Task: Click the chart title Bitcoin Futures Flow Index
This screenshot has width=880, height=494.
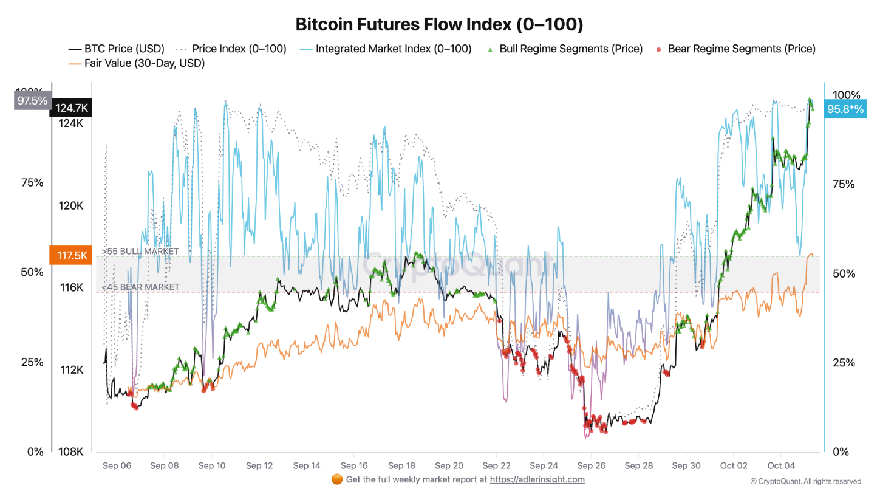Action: [439, 24]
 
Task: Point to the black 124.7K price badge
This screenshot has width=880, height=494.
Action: [72, 108]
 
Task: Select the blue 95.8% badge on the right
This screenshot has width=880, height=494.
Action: [845, 110]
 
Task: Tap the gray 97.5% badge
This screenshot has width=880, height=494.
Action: [32, 101]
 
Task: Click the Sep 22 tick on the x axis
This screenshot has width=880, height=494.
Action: [496, 466]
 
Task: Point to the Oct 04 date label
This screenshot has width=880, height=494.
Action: [781, 466]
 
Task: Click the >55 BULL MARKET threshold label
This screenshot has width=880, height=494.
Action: [140, 251]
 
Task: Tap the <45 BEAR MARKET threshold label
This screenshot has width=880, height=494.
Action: [140, 287]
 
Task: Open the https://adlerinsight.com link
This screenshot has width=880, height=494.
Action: [537, 479]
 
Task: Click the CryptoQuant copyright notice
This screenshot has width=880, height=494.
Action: [805, 481]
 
